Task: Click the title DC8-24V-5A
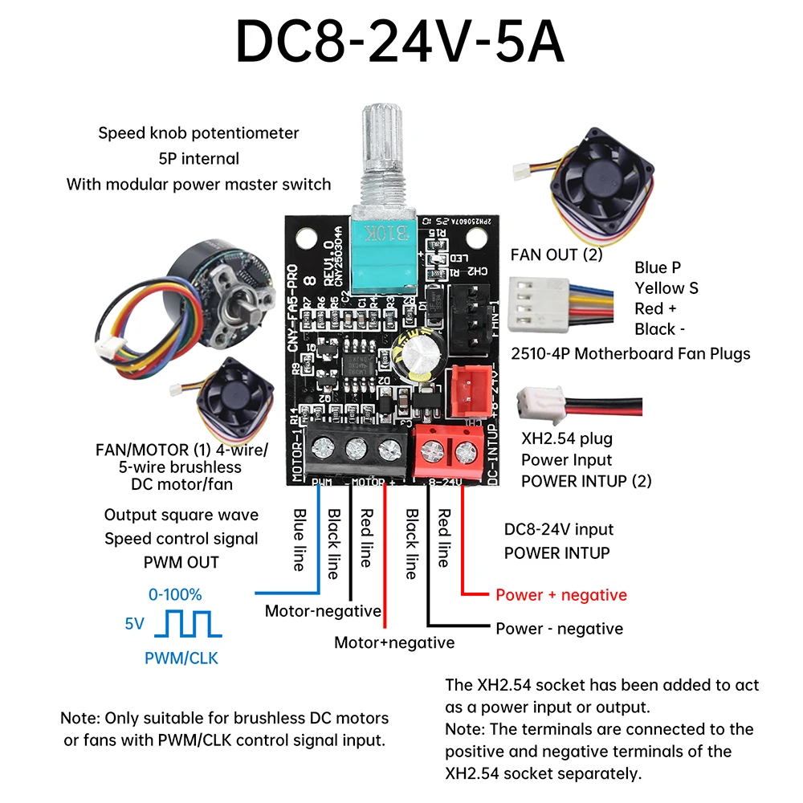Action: pyautogui.click(x=399, y=42)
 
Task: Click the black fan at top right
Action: pyautogui.click(x=591, y=189)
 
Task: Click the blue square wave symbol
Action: pyautogui.click(x=189, y=623)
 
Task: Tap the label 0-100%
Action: pyautogui.click(x=175, y=595)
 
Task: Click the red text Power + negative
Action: pyautogui.click(x=560, y=595)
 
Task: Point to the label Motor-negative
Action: pyautogui.click(x=323, y=611)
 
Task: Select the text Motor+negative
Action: pyautogui.click(x=394, y=642)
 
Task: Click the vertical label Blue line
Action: pyautogui.click(x=299, y=540)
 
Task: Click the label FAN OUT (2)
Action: pyautogui.click(x=556, y=255)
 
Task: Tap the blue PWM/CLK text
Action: pyautogui.click(x=181, y=658)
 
